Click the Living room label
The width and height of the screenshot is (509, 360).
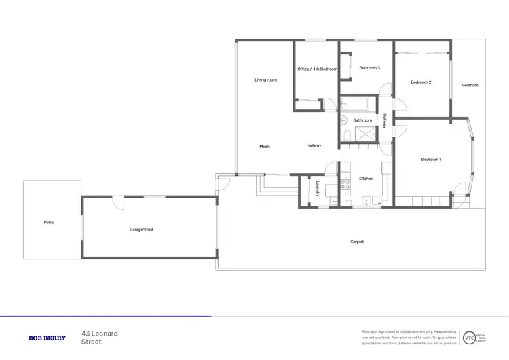(x=265, y=80)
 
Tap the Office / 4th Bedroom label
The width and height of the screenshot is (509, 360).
(x=317, y=69)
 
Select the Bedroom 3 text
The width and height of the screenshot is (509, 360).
(x=369, y=68)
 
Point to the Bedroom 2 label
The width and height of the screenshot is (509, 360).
(x=421, y=82)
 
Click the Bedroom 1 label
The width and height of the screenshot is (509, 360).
(x=431, y=160)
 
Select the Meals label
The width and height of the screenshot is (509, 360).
(x=265, y=146)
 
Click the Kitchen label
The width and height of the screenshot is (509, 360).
(x=366, y=179)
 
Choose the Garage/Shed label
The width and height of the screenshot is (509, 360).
(x=141, y=230)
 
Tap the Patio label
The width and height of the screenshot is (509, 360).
(x=48, y=222)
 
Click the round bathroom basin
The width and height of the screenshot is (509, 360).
(x=344, y=121)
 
